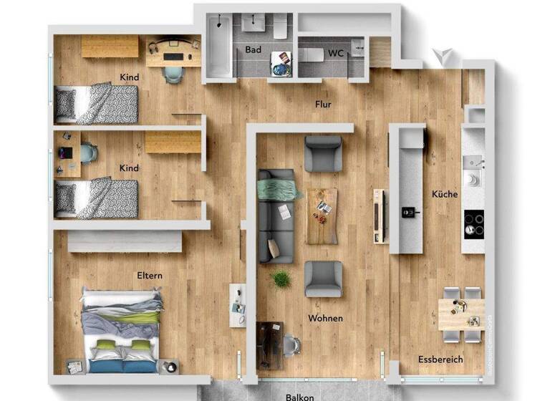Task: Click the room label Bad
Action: point(253,50)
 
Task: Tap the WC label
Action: point(336,53)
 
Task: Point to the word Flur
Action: point(323,105)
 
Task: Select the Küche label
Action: point(444,194)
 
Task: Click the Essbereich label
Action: point(440,359)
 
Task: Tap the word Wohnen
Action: point(325,318)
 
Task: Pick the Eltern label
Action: point(150,275)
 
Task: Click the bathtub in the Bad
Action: point(218,47)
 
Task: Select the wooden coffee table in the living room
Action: point(322,216)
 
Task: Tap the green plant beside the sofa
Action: point(281,279)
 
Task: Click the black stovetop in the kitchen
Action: point(473,223)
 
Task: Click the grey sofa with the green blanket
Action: point(276,215)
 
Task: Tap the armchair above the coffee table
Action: point(323,153)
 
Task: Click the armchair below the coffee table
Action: point(323,279)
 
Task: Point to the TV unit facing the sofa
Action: point(379,216)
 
